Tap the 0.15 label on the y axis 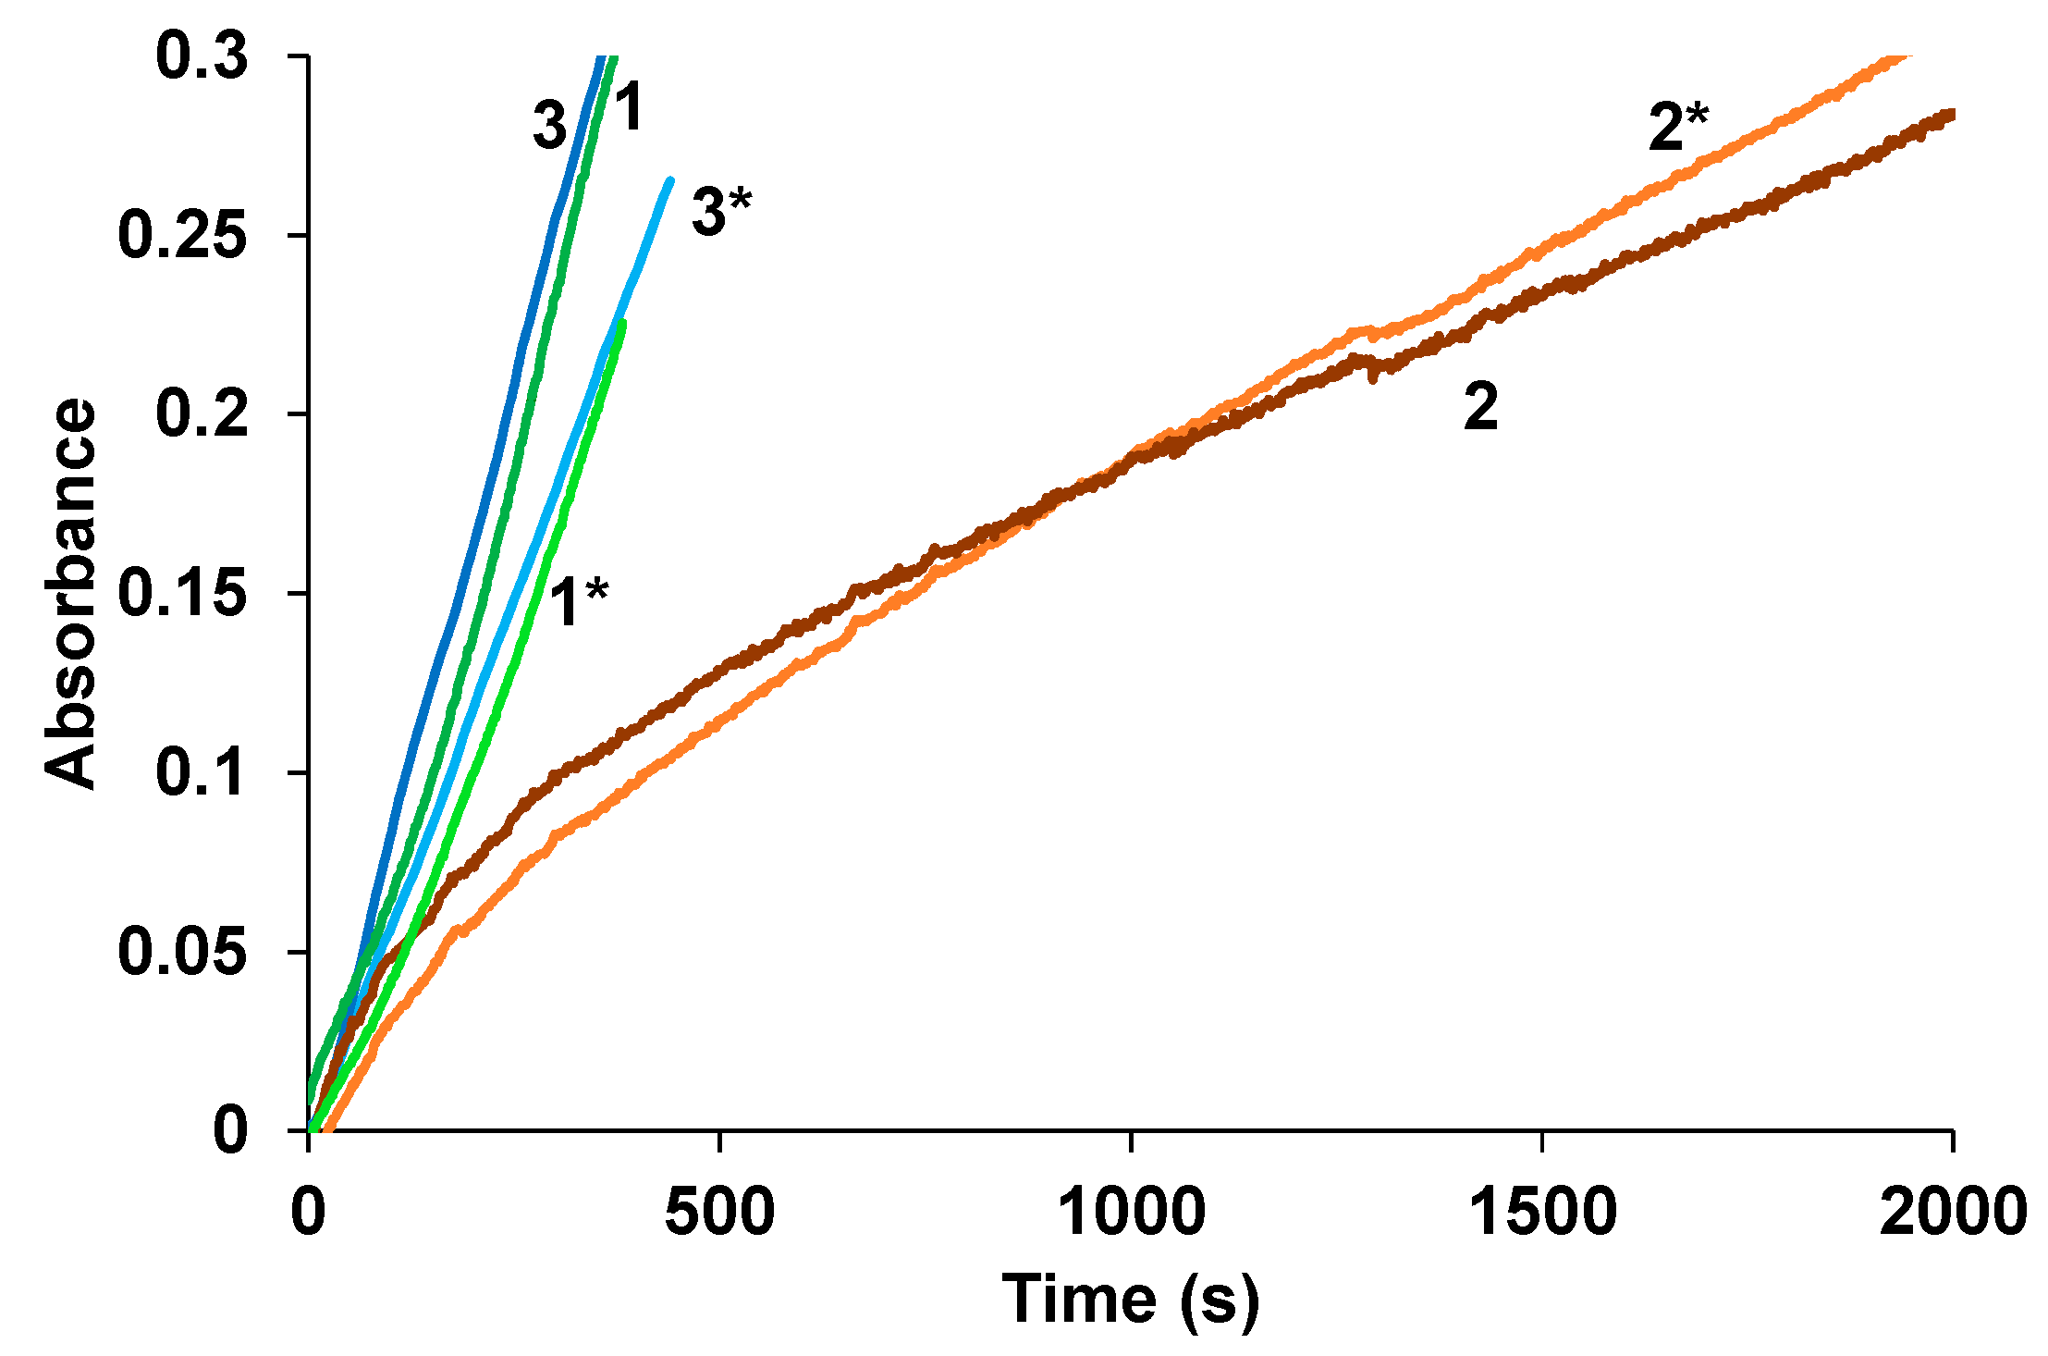click(183, 593)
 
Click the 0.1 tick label click(202, 772)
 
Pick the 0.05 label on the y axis click(183, 952)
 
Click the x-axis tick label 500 click(719, 1211)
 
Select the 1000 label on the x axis click(1131, 1211)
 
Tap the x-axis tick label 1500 click(1542, 1211)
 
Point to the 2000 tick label click(1953, 1211)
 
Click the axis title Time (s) click(1130, 1300)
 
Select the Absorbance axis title click(70, 593)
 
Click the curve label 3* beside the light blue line click(721, 211)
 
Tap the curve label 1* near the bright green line click(579, 602)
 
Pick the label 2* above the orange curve click(1678, 127)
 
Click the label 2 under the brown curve click(1480, 406)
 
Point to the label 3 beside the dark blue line click(549, 126)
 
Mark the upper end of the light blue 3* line click(670, 179)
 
